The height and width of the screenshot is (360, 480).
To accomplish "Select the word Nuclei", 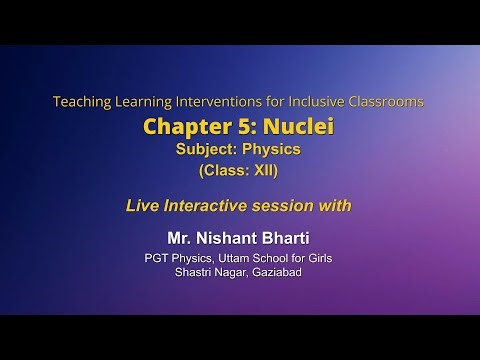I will [x=294, y=127].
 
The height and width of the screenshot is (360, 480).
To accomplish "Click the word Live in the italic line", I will [x=143, y=206].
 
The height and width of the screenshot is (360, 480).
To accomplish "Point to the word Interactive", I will [x=211, y=206].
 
